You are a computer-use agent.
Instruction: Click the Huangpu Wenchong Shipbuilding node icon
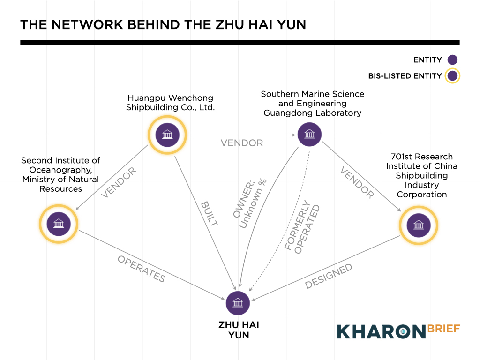tap(167, 135)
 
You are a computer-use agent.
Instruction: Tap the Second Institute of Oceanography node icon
tap(59, 224)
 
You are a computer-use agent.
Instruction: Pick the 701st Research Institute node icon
tap(418, 225)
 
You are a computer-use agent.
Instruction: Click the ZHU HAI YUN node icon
tap(238, 303)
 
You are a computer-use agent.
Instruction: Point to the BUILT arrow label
tap(209, 214)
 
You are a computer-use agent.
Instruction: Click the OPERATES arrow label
tap(141, 269)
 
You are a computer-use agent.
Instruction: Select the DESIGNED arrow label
tap(329, 276)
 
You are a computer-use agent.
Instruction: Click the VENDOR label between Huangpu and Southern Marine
tap(242, 142)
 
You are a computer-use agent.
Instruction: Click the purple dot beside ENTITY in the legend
tap(452, 60)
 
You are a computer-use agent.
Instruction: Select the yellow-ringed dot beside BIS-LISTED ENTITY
tap(452, 76)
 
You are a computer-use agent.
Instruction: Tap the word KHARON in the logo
tap(380, 331)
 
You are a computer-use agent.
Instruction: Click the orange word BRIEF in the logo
tap(443, 328)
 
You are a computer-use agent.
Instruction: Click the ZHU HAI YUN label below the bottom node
tap(238, 330)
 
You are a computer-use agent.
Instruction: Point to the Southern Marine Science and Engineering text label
tap(312, 103)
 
